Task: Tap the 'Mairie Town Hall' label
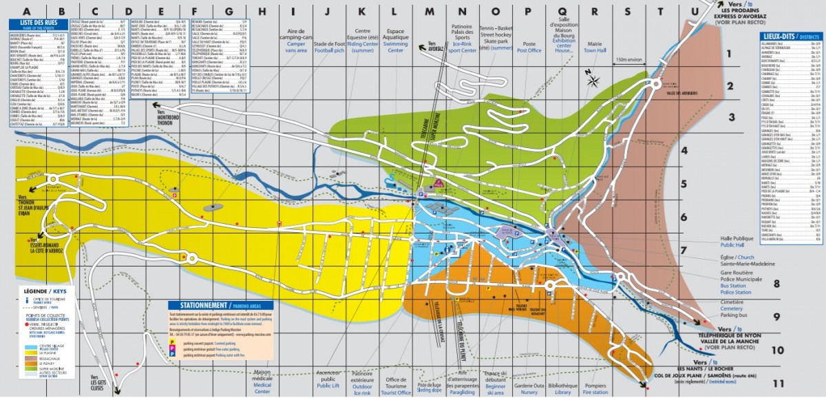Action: [594, 45]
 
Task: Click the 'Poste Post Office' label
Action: [529, 45]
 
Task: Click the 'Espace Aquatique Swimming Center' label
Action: [405, 41]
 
